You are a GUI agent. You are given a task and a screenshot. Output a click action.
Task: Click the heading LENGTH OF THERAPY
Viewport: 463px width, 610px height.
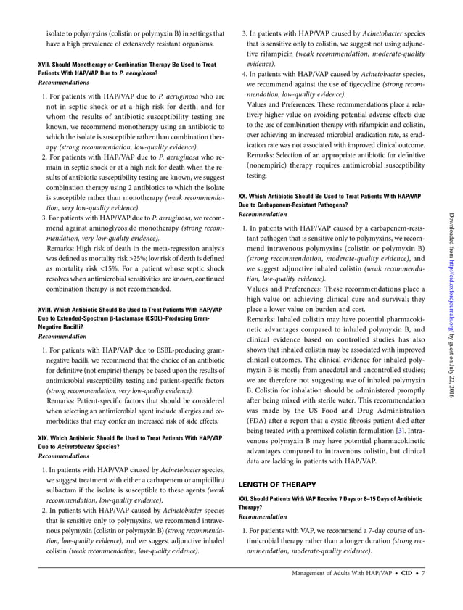click(x=277, y=483)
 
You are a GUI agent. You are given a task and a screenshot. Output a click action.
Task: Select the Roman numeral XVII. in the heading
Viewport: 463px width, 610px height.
click(x=46, y=65)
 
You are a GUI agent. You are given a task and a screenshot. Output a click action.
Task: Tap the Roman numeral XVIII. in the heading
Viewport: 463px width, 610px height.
click(x=47, y=310)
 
